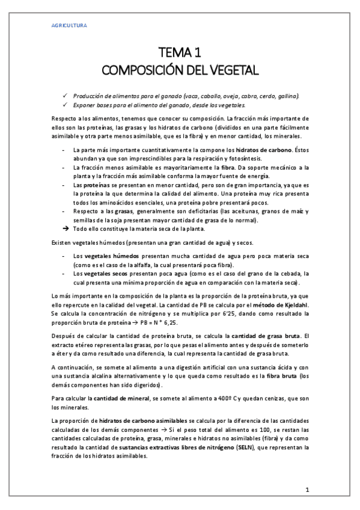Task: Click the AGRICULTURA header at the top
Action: point(67,26)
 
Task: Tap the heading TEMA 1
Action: point(180,52)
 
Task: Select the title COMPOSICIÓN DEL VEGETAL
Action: point(180,70)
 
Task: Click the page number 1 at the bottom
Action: point(307,489)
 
